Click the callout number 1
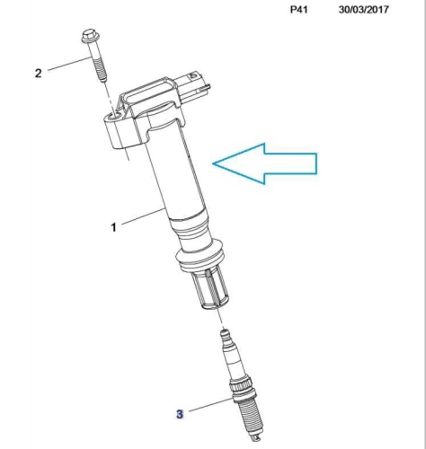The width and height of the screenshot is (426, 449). tap(113, 227)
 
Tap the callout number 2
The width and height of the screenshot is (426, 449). tap(38, 73)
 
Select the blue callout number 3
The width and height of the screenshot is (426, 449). tap(180, 414)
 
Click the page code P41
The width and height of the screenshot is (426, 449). tap(299, 10)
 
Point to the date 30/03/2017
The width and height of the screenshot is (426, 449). tap(364, 10)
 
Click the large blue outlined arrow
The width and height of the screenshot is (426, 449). tap(265, 163)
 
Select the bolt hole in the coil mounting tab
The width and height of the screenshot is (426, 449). tap(114, 116)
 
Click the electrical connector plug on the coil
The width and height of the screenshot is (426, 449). tap(194, 87)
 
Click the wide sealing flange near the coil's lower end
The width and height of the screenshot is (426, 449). tap(200, 254)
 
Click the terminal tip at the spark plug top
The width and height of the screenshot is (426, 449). tap(225, 333)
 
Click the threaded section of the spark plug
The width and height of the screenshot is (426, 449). tap(249, 417)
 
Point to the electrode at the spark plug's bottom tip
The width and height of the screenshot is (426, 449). tap(256, 438)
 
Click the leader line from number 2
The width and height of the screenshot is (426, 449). tap(69, 64)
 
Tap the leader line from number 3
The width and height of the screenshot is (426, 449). tap(211, 405)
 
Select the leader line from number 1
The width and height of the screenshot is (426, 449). tap(144, 216)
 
